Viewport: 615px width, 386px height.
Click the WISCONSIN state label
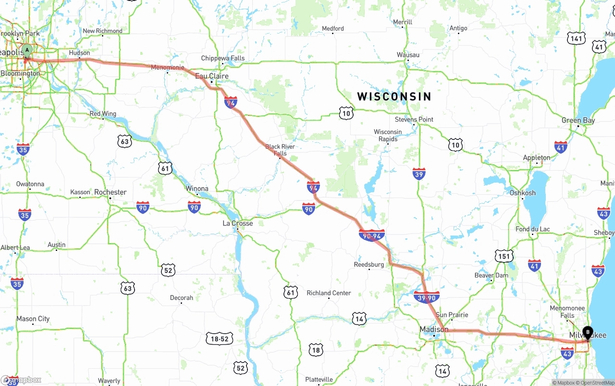pos(394,97)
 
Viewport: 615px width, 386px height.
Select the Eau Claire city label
pos(212,76)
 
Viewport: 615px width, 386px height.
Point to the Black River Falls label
pos(280,150)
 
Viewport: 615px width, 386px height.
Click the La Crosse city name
pos(237,224)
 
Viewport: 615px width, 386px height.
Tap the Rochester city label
pos(111,192)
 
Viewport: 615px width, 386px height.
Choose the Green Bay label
pos(578,121)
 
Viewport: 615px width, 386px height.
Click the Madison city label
pos(434,329)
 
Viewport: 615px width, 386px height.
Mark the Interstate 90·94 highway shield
pos(371,236)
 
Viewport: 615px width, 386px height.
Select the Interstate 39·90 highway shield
pos(427,298)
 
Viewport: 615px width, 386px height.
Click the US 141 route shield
pos(576,38)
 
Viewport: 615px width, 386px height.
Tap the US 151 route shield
pos(504,256)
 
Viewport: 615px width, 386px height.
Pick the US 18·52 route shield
pos(220,339)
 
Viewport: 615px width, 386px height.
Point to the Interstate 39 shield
pos(418,174)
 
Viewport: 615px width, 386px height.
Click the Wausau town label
pos(408,55)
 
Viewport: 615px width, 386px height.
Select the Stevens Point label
pos(414,119)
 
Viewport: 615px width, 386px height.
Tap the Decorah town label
pos(182,298)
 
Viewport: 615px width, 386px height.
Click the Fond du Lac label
pos(532,229)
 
